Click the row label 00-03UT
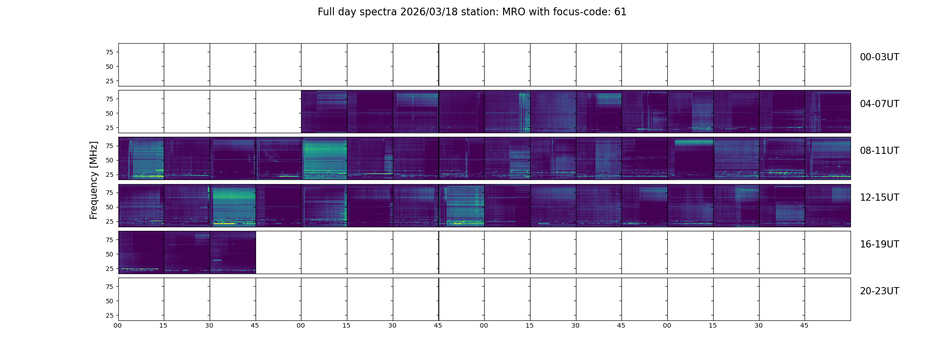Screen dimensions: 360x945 pyautogui.click(x=879, y=57)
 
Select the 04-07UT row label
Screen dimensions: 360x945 pyautogui.click(x=879, y=104)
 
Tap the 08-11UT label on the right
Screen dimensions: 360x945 pyautogui.click(x=879, y=151)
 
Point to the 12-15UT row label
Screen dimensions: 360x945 pyautogui.click(x=879, y=198)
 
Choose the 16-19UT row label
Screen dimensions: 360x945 pyautogui.click(x=879, y=244)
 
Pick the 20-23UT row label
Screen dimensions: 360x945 pyautogui.click(x=879, y=291)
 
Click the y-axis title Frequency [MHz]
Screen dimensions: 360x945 pyautogui.click(x=94, y=180)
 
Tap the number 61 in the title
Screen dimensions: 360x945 pyautogui.click(x=620, y=12)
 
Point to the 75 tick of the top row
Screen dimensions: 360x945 pyautogui.click(x=109, y=52)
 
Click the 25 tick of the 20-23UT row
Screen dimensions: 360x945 pyautogui.click(x=109, y=315)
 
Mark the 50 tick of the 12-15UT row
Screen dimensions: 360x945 pyautogui.click(x=109, y=207)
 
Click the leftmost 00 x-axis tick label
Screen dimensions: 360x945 pyautogui.click(x=117, y=325)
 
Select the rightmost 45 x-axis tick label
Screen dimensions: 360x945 pyautogui.click(x=804, y=325)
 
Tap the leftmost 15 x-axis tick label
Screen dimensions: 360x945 pyautogui.click(x=163, y=325)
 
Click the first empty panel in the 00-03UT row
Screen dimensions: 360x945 pyautogui.click(x=141, y=65)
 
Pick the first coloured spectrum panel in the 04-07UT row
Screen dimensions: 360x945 pyautogui.click(x=324, y=112)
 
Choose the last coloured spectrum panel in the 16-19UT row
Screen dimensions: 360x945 pyautogui.click(x=233, y=252)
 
